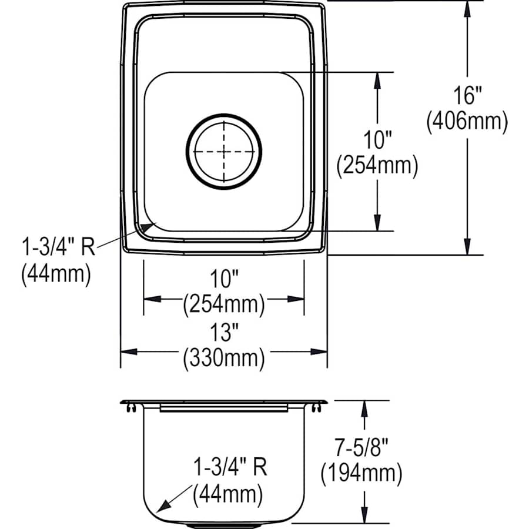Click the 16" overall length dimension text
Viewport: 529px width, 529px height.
(x=467, y=95)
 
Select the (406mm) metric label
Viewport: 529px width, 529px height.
(x=467, y=121)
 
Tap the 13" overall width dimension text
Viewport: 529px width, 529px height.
(x=225, y=332)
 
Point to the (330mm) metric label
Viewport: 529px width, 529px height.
(x=224, y=358)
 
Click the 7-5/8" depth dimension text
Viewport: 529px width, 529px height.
(x=361, y=447)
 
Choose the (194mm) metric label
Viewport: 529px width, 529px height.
(x=361, y=473)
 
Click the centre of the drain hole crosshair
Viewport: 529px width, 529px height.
(x=224, y=152)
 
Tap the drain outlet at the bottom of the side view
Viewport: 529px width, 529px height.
(x=224, y=525)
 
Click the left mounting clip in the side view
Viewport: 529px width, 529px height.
(x=131, y=408)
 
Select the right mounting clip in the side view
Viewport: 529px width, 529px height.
(x=316, y=408)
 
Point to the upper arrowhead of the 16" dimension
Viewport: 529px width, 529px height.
(x=467, y=9)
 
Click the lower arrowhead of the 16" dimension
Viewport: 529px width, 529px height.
(x=467, y=247)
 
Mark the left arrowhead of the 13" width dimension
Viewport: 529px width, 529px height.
(x=129, y=352)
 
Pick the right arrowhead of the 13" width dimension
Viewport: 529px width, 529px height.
(x=319, y=352)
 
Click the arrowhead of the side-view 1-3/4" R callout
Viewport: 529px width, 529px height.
(x=163, y=506)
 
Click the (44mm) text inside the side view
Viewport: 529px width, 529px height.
(x=227, y=494)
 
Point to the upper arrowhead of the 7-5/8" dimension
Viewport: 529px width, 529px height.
(x=364, y=409)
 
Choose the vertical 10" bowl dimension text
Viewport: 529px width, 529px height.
(x=377, y=140)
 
